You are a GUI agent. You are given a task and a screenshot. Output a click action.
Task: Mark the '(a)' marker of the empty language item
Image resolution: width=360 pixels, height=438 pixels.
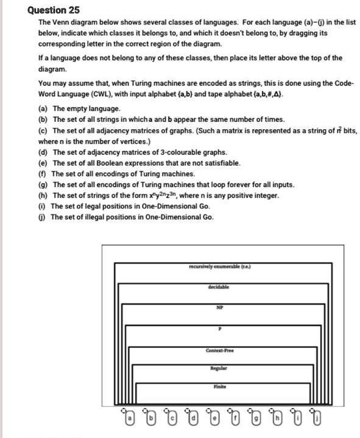[44, 108]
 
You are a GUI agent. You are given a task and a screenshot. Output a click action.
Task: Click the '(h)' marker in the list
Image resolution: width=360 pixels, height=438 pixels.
[44, 195]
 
